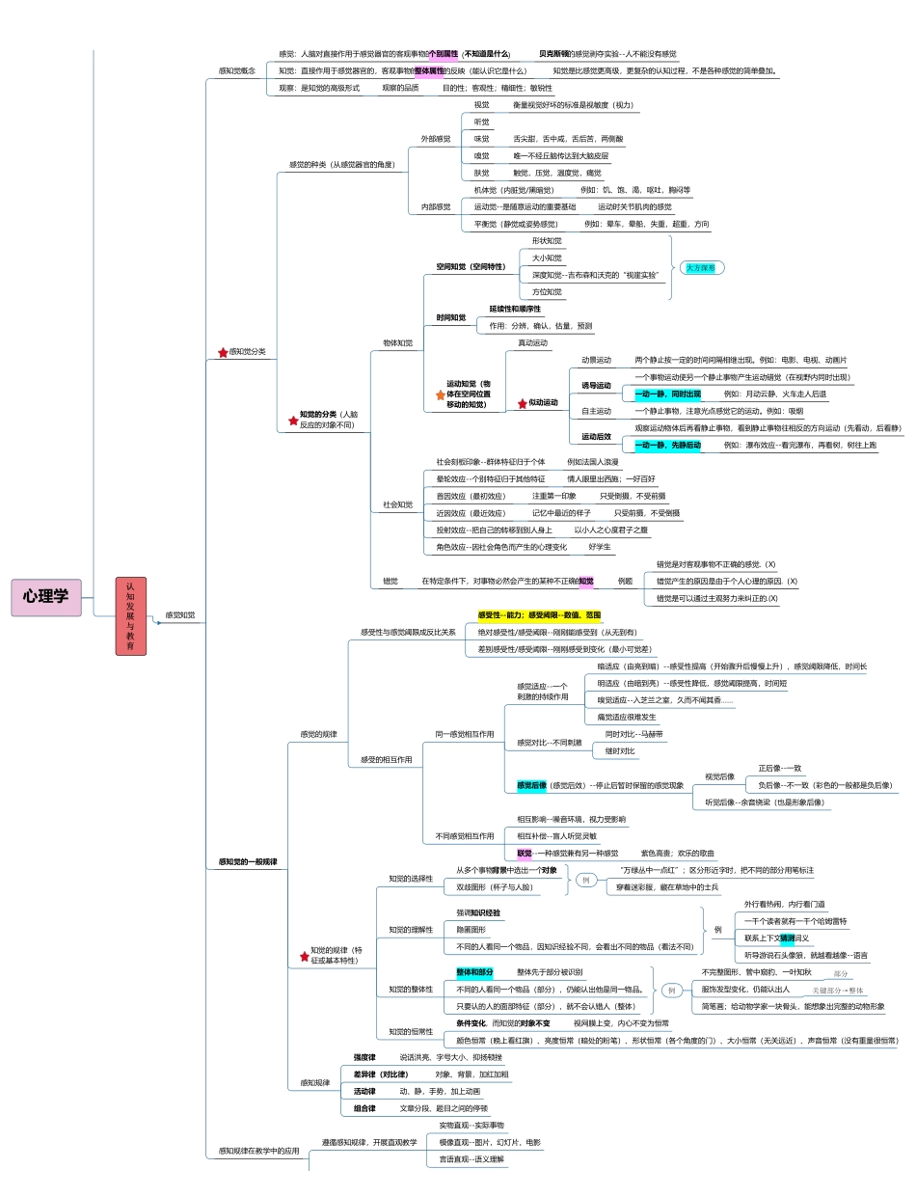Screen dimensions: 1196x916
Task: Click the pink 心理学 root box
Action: (46, 597)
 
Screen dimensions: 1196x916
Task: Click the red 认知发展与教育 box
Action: (130, 615)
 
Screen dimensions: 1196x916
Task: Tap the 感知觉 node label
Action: (180, 614)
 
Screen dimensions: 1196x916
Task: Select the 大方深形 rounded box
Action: (700, 267)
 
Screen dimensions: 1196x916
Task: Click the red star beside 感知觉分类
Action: (223, 353)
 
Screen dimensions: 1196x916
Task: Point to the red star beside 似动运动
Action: (522, 402)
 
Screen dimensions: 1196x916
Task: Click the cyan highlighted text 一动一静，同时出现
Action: (667, 394)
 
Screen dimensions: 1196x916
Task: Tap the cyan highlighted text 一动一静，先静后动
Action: (667, 446)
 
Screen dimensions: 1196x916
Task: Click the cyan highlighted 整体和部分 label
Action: (474, 972)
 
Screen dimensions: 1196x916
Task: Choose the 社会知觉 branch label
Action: (397, 504)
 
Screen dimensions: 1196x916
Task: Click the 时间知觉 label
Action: (450, 317)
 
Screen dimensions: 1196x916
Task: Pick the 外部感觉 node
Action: (435, 139)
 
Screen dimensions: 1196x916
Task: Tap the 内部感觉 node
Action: (435, 206)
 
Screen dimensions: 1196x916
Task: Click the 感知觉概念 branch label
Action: (236, 70)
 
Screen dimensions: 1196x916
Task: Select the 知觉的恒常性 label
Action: (411, 1031)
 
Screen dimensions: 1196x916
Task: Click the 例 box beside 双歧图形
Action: (585, 880)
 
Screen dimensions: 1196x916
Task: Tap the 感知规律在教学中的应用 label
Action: (258, 1151)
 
